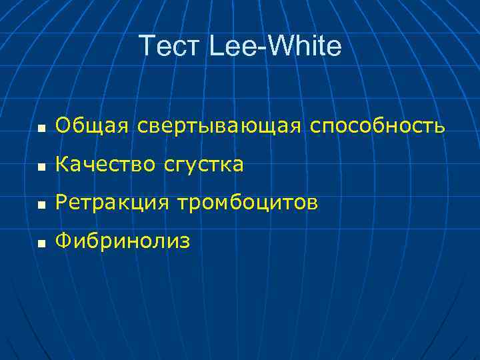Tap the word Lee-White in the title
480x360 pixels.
(275, 46)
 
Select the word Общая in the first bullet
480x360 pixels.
(93, 125)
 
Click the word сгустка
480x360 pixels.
(203, 165)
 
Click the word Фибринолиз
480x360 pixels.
(123, 241)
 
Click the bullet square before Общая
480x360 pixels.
(41, 127)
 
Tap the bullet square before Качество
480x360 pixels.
(41, 165)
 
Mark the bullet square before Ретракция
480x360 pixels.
(41, 204)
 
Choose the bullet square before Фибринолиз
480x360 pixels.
(41, 243)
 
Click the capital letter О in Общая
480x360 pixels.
(64, 125)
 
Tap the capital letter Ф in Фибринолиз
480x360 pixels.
(64, 241)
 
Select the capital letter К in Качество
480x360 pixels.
(63, 163)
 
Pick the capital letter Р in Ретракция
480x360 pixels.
(62, 202)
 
